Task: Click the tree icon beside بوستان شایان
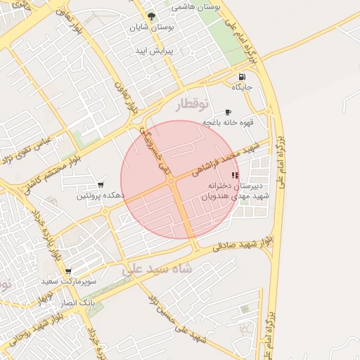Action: point(150,16)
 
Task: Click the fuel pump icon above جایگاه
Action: point(243,77)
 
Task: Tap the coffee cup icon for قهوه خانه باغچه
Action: point(227,112)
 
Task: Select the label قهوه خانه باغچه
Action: point(227,122)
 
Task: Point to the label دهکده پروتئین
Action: point(103,196)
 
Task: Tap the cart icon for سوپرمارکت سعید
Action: point(67,271)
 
